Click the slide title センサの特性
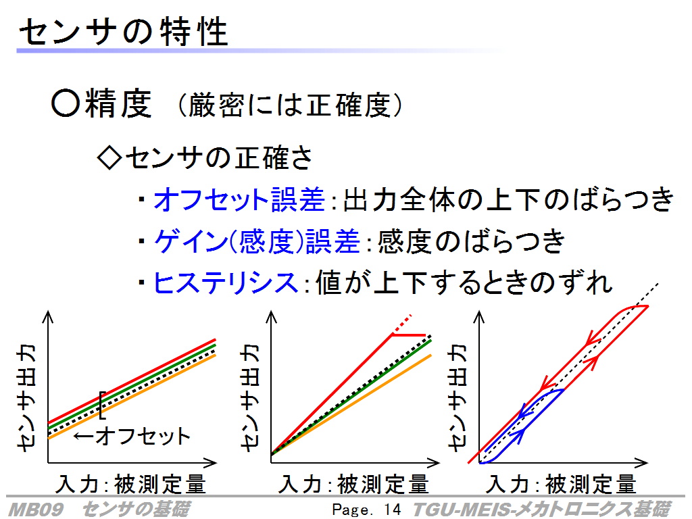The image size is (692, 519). (x=123, y=32)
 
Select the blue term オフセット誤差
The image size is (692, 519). (x=239, y=199)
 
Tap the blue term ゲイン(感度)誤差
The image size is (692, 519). (x=257, y=241)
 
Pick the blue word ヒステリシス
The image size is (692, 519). (x=226, y=282)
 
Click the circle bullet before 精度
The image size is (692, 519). (x=66, y=103)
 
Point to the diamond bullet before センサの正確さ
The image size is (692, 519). (x=109, y=157)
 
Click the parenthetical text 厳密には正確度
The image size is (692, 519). (x=290, y=105)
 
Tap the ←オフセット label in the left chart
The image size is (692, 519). (x=132, y=436)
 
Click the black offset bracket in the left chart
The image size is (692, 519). (x=101, y=405)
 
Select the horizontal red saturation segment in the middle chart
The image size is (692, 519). (x=409, y=335)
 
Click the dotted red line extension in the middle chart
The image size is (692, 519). (x=402, y=324)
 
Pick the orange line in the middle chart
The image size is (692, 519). (x=351, y=405)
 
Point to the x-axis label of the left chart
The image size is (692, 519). (x=130, y=484)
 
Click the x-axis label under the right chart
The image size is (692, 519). (x=561, y=484)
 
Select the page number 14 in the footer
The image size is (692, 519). (x=393, y=510)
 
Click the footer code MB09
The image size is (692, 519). (x=36, y=510)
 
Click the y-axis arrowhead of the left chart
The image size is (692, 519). (x=48, y=317)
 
